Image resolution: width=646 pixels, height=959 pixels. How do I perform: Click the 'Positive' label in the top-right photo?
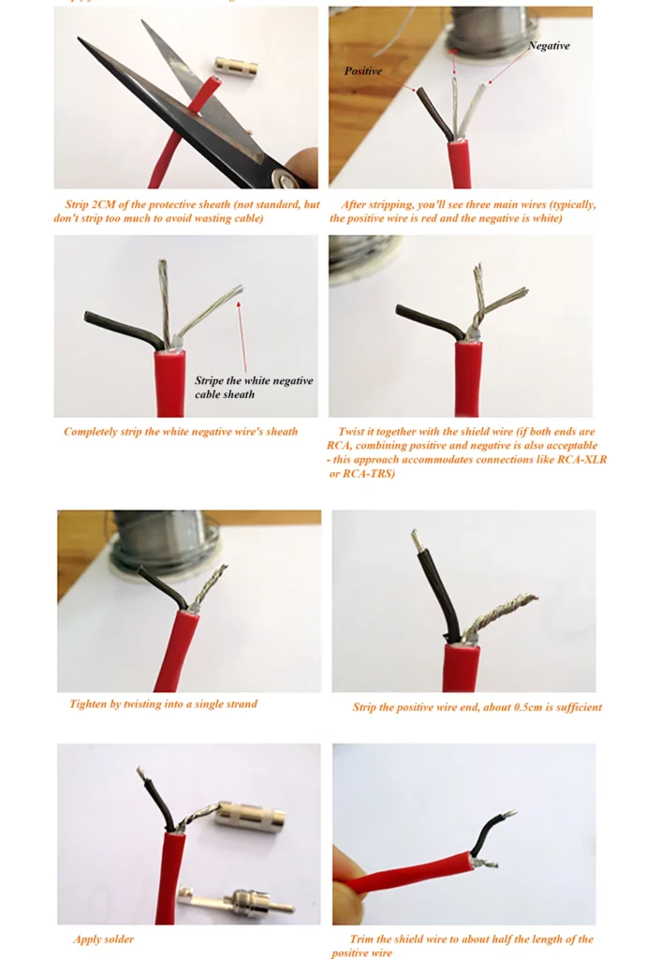tap(362, 71)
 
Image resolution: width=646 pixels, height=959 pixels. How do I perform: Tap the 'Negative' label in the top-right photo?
tap(549, 45)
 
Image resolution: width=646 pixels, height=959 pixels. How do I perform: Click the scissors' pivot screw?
tap(285, 179)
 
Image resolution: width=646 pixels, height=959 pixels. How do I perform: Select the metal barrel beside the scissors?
tap(236, 66)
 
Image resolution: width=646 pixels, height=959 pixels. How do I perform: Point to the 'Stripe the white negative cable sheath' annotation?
tap(254, 387)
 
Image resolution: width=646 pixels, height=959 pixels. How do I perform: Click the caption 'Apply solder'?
tap(103, 938)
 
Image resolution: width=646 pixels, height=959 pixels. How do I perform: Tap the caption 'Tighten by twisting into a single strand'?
tap(163, 704)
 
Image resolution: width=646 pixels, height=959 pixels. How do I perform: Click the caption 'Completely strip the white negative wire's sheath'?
tap(181, 432)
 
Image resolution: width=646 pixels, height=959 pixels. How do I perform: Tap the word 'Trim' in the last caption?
tap(361, 938)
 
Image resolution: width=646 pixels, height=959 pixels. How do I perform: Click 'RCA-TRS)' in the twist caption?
tap(369, 473)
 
